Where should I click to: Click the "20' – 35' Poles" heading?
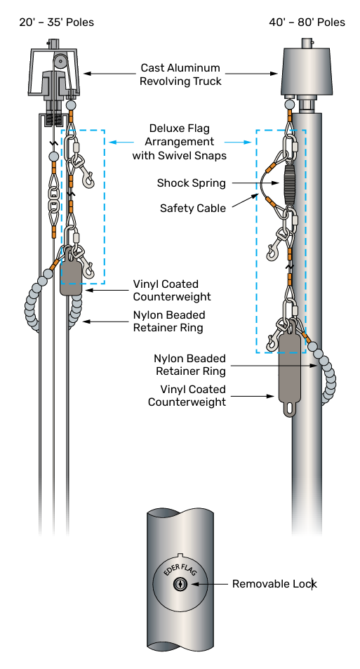(56, 22)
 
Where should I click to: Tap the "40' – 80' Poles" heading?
(307, 22)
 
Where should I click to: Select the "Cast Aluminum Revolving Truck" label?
(180, 74)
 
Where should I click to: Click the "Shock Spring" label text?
(191, 183)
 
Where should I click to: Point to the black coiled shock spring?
(288, 181)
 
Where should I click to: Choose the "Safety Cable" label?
(193, 208)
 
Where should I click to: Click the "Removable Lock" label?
(274, 583)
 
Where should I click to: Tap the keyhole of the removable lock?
(180, 583)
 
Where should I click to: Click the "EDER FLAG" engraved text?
(180, 569)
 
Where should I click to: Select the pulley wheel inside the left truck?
(61, 60)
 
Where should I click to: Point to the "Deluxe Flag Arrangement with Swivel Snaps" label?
(179, 142)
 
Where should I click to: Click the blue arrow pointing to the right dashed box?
(239, 142)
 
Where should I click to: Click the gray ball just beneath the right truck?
(290, 104)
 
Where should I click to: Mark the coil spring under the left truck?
(53, 119)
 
